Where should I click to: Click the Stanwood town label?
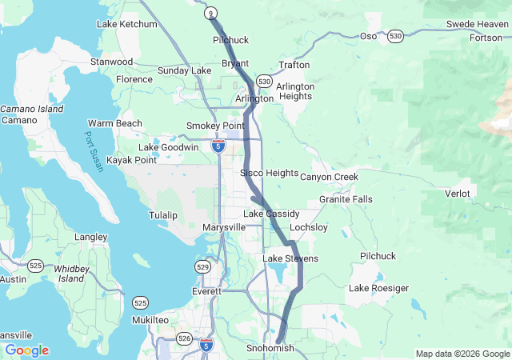(x=111, y=62)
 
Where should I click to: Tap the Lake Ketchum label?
(x=126, y=24)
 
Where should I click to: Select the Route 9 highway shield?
(x=210, y=13)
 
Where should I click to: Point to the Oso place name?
(x=368, y=37)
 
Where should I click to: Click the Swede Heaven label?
(x=477, y=25)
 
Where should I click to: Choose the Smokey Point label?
(x=215, y=126)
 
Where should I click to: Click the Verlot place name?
(x=458, y=194)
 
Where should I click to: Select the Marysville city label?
(x=224, y=228)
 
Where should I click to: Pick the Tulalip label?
(x=162, y=216)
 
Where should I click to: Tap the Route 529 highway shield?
(x=204, y=266)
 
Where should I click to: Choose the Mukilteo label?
(x=150, y=320)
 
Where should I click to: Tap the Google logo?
(x=27, y=350)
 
